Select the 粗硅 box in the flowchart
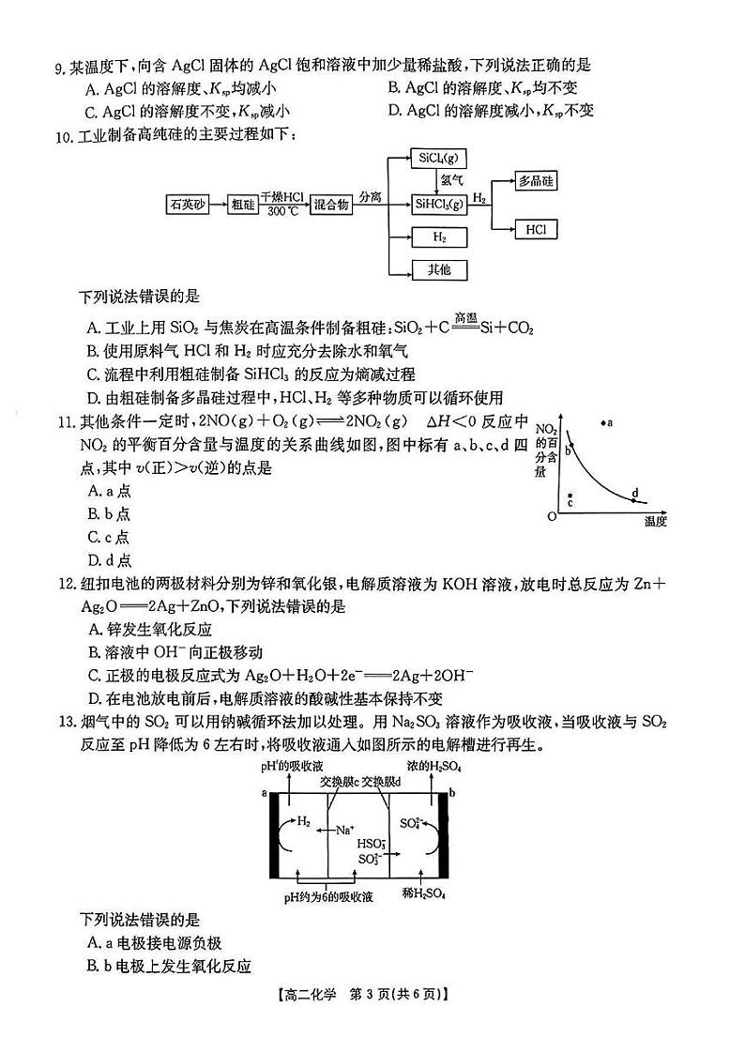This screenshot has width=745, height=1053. pyautogui.click(x=243, y=204)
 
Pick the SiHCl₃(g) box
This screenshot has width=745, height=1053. pyautogui.click(x=439, y=204)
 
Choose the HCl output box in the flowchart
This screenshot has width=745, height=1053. pyautogui.click(x=537, y=228)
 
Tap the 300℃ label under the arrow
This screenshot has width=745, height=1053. pyautogui.click(x=282, y=212)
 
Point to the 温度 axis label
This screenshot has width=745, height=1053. pyautogui.click(x=656, y=522)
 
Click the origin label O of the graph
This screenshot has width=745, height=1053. pyautogui.click(x=553, y=515)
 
